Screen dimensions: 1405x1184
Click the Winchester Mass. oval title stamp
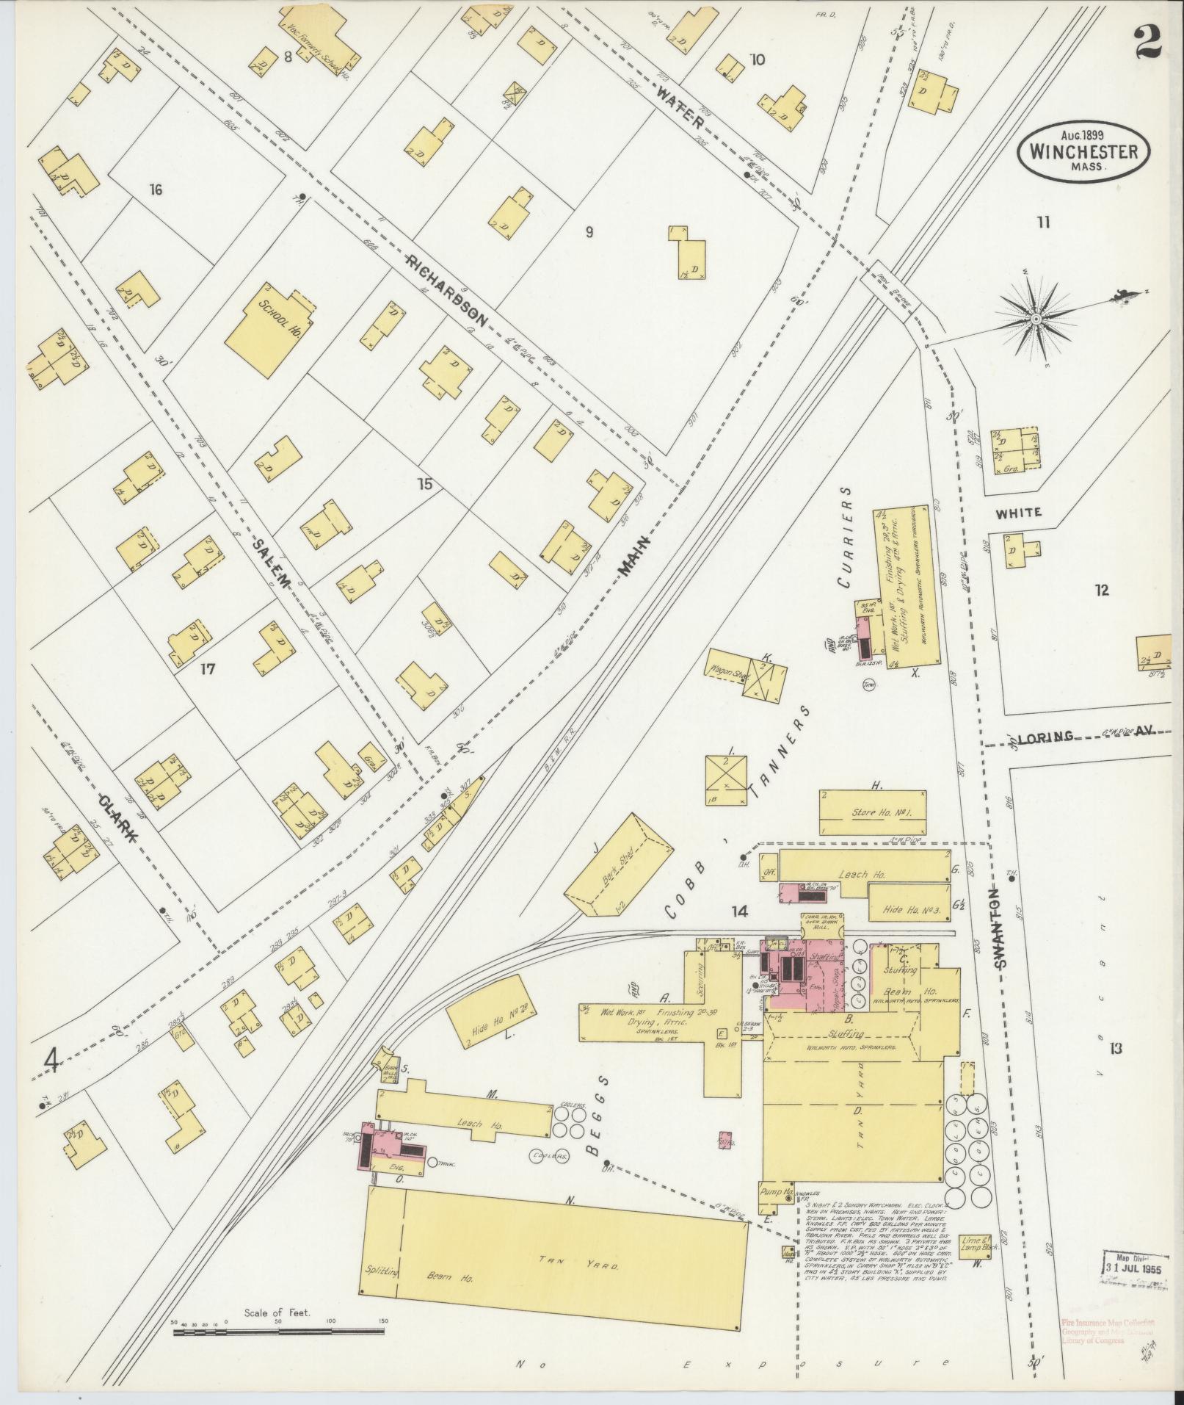(1083, 151)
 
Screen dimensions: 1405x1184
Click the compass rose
(1036, 319)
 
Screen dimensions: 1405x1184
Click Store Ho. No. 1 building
(872, 813)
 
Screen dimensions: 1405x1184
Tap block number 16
(155, 190)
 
